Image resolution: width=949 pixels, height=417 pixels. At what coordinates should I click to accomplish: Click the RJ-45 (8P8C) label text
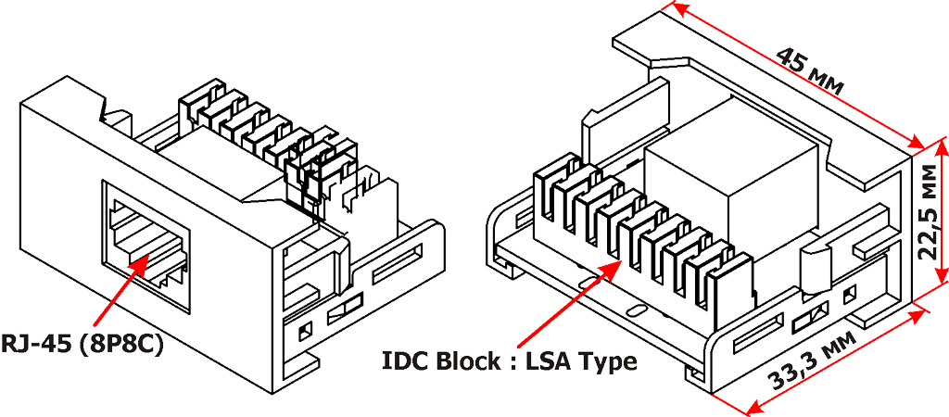coord(82,345)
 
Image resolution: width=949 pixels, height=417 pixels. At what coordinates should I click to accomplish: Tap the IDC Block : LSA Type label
coord(509,360)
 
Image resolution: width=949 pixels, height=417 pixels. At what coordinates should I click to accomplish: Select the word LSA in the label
coord(550,360)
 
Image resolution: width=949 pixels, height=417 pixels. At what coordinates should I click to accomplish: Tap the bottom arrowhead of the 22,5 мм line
coord(942,276)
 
